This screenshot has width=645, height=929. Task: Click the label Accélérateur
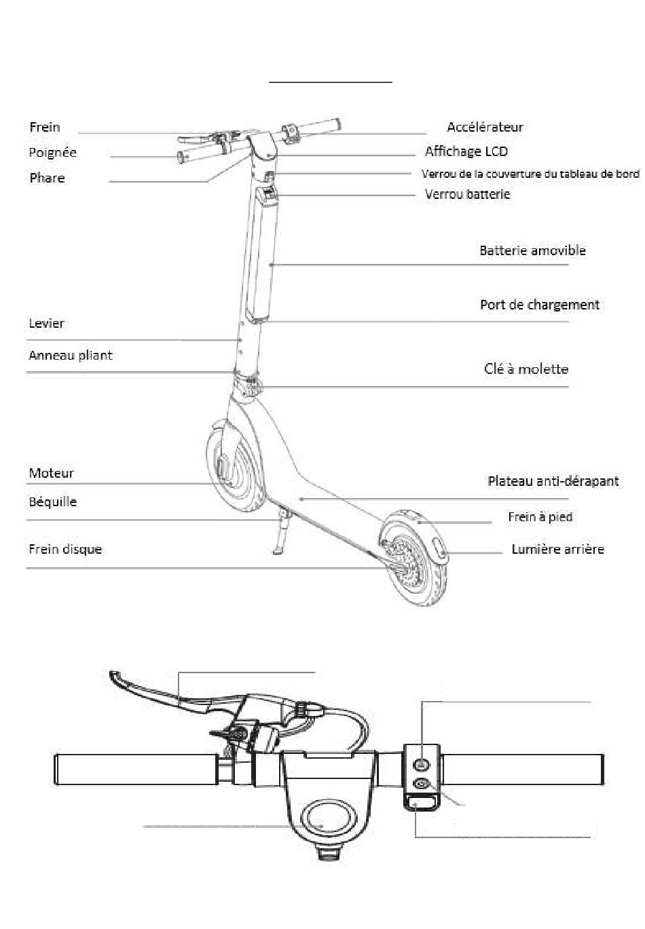[x=485, y=127]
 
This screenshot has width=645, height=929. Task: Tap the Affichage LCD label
[x=466, y=151]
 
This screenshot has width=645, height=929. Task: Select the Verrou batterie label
[x=467, y=194]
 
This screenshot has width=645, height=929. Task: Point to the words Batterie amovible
[x=532, y=250]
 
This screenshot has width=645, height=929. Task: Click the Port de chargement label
[x=539, y=305]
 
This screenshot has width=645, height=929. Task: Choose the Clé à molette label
[x=526, y=369]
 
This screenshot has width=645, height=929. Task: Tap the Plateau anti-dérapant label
[x=553, y=481]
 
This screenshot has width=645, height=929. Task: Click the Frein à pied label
[x=540, y=517]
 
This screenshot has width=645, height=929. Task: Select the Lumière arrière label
[x=557, y=549]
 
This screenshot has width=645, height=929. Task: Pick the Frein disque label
[x=65, y=549]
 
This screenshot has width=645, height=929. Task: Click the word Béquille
[x=52, y=502]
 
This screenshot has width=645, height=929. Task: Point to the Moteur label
[x=51, y=473]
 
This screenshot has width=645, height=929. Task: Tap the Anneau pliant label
[x=70, y=355]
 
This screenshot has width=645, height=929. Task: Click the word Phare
[x=47, y=178]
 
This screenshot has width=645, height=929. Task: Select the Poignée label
[x=52, y=152]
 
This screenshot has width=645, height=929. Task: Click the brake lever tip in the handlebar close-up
[x=115, y=677]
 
